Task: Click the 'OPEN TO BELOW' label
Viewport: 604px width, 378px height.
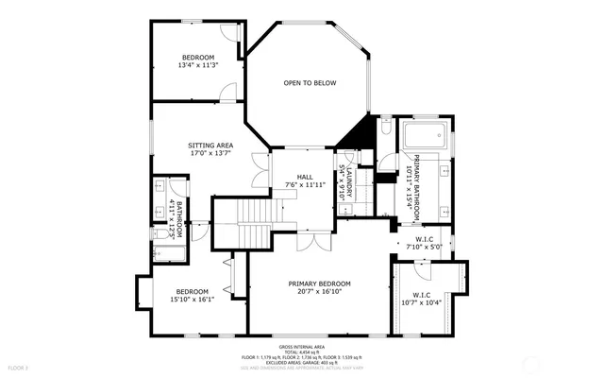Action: click(310, 83)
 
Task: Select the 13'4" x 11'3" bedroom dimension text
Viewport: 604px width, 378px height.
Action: click(198, 65)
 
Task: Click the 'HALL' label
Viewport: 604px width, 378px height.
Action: click(304, 177)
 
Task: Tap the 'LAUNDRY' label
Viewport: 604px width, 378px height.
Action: click(348, 182)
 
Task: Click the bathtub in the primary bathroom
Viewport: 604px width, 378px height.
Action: click(424, 139)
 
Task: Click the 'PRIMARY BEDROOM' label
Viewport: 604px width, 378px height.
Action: click(319, 283)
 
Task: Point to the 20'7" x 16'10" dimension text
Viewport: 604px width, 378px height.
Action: click(319, 293)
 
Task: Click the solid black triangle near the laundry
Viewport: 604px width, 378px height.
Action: click(353, 137)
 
